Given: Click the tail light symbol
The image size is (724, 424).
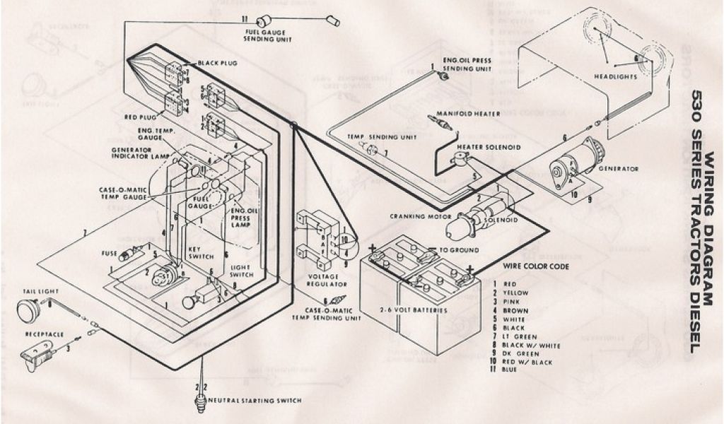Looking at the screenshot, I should [28, 310].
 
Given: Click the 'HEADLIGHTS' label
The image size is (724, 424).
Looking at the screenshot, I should [614, 76].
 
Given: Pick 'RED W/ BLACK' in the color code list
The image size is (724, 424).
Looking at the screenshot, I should [527, 360].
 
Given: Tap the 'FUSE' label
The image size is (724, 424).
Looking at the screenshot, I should [109, 253].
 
